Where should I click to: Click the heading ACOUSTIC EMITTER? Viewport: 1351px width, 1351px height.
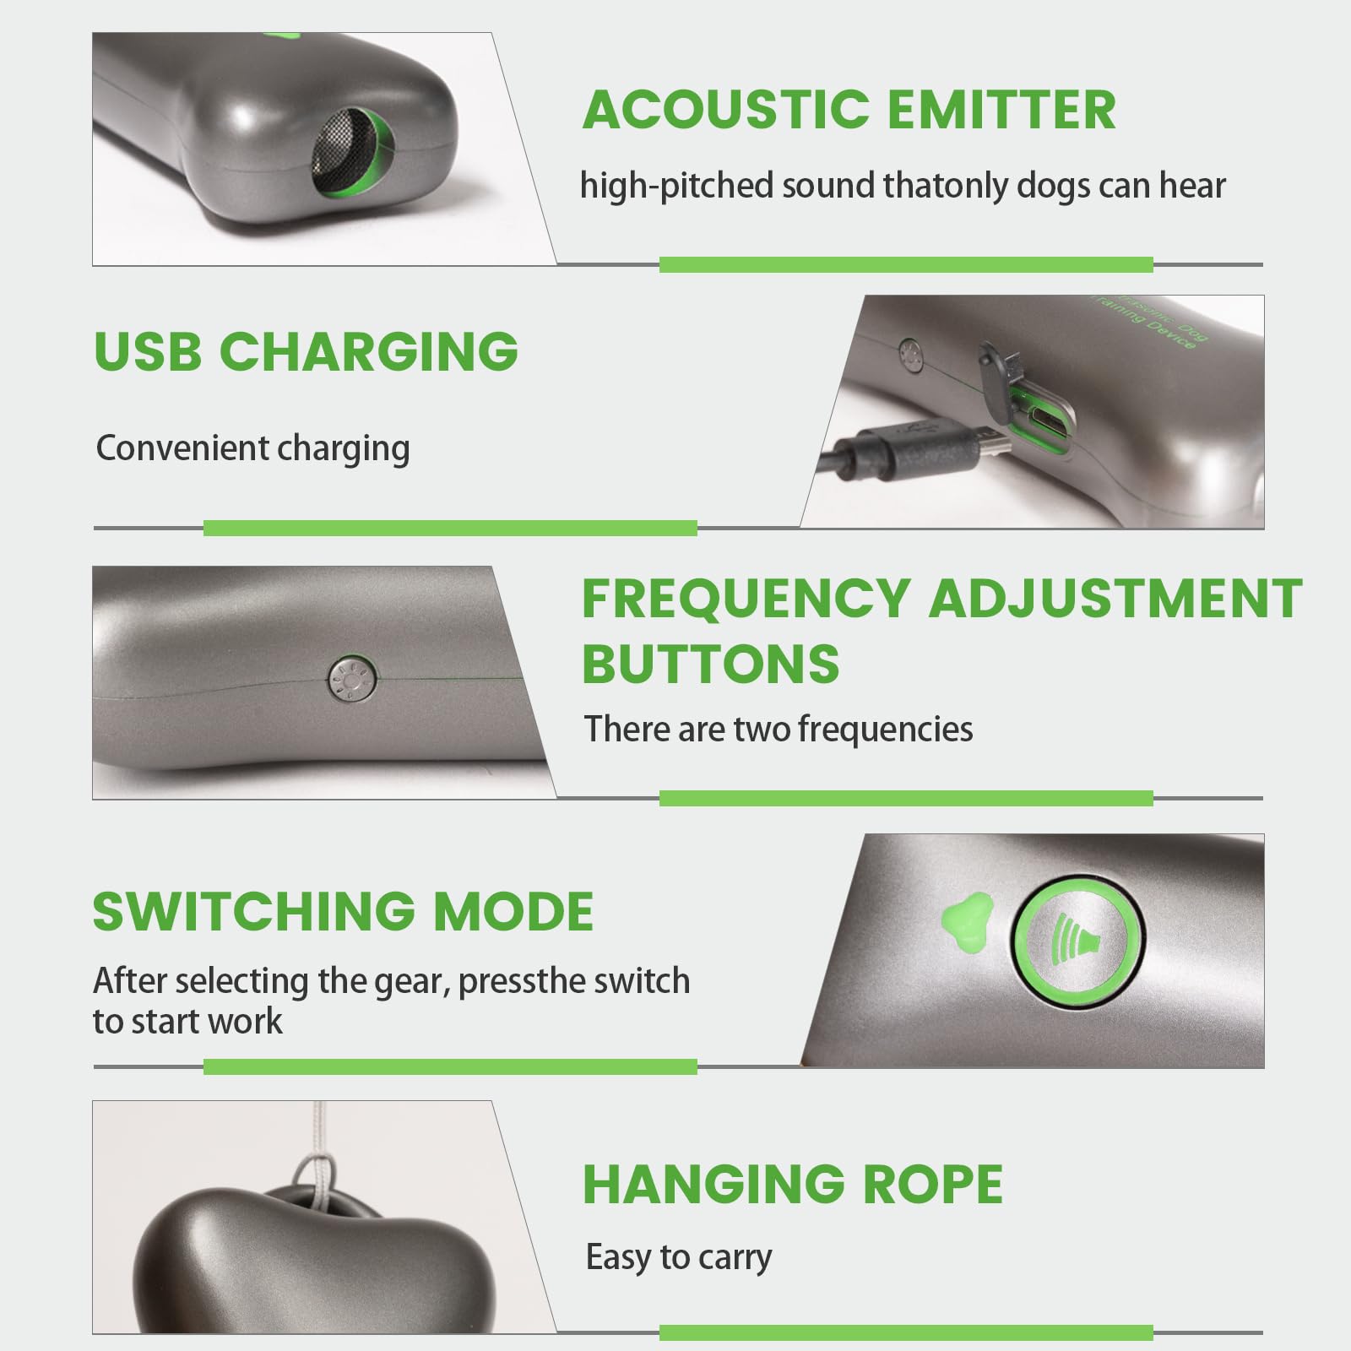coord(849,110)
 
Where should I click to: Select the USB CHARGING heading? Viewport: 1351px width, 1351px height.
coord(306,350)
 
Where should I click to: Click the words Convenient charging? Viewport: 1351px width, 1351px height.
coord(252,449)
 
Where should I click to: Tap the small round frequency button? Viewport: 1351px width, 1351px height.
coord(351,678)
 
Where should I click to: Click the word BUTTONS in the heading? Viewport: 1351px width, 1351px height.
coord(711,664)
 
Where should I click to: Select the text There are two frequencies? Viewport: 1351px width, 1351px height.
coord(779,729)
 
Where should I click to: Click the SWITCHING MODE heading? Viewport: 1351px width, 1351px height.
coord(343,911)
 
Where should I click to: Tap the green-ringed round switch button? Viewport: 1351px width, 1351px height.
coord(1078,939)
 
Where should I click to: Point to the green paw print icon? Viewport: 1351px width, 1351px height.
coord(965,923)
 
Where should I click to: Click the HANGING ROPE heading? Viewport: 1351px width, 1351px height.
coord(793,1184)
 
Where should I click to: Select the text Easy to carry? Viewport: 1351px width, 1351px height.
coord(679,1258)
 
